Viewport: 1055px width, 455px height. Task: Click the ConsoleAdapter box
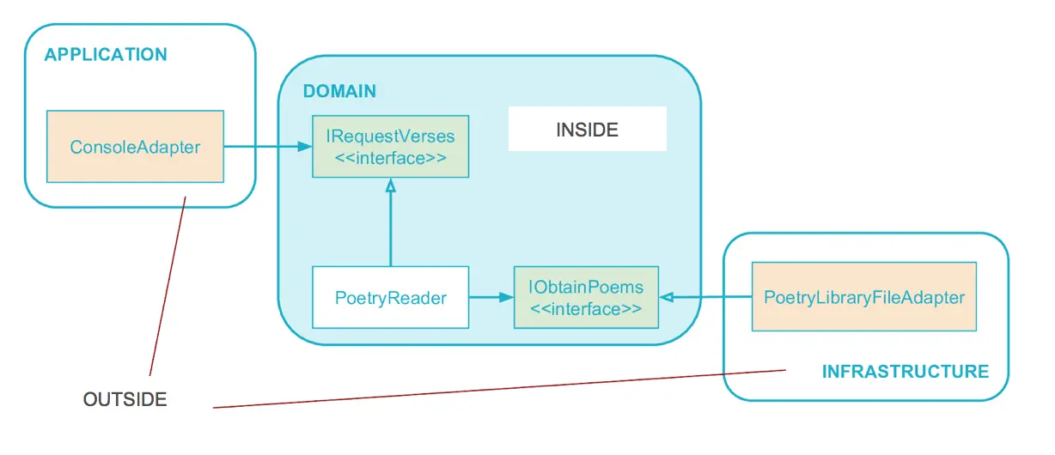click(x=135, y=146)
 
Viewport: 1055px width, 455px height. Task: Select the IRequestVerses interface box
click(x=390, y=146)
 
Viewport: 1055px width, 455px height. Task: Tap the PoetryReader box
click(x=390, y=297)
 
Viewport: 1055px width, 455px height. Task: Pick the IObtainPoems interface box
click(x=586, y=297)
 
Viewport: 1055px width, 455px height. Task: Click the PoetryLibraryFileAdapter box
click(x=863, y=296)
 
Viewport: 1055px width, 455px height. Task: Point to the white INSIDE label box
click(x=588, y=129)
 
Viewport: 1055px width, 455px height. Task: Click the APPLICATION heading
click(x=106, y=55)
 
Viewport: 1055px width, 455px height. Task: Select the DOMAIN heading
click(x=339, y=91)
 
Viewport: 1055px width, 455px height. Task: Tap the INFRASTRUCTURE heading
click(x=906, y=372)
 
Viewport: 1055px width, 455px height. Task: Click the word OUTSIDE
click(x=125, y=399)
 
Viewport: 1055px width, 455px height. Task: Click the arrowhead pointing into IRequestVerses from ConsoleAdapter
click(x=304, y=147)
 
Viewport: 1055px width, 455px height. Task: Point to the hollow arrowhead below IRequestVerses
click(x=390, y=185)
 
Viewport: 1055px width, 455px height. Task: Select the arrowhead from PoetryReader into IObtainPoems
click(x=506, y=297)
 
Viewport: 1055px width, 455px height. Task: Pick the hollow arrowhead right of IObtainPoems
click(x=667, y=297)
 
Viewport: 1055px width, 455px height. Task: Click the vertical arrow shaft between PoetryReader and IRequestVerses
click(x=390, y=229)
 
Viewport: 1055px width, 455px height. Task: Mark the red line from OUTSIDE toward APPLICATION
click(x=168, y=286)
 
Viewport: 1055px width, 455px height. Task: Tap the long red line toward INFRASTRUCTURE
click(x=499, y=389)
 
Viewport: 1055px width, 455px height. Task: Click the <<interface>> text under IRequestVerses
click(x=390, y=158)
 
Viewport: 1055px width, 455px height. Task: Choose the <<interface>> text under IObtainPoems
click(x=586, y=309)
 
